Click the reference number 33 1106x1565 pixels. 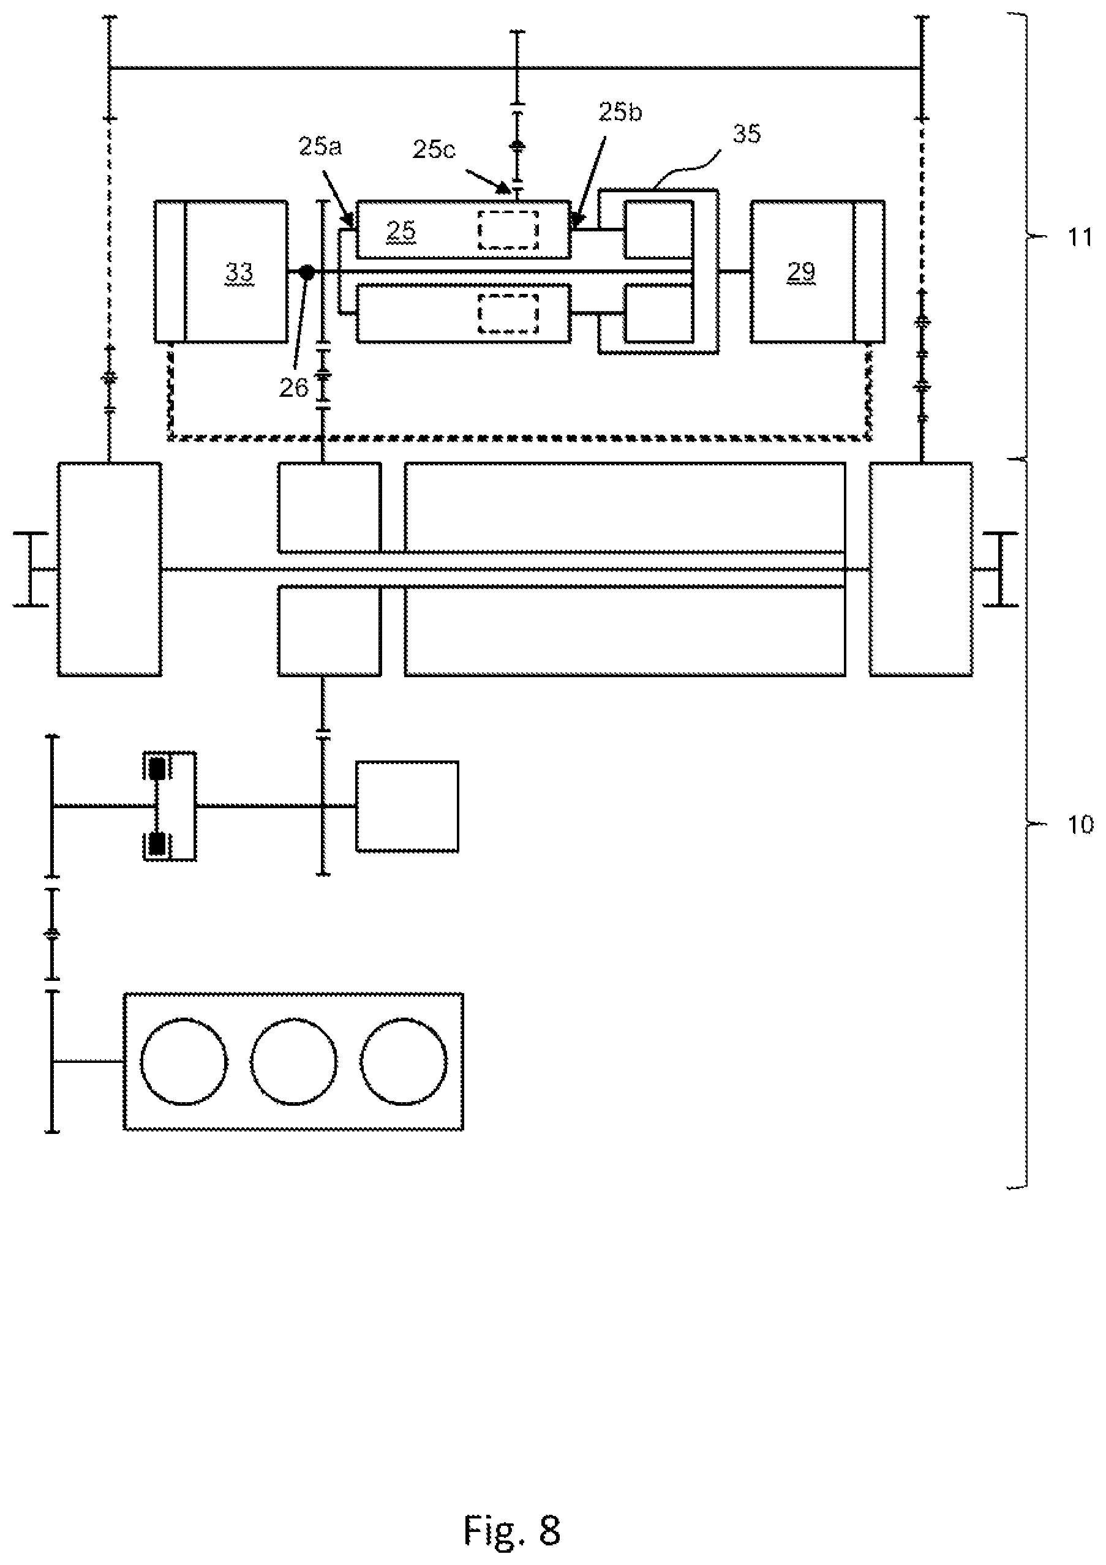(x=239, y=272)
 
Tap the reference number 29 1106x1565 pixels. (x=801, y=272)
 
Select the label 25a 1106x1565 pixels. (x=320, y=146)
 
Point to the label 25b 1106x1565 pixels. (x=620, y=113)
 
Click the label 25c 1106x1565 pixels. (x=434, y=149)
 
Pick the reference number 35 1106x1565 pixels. (x=746, y=133)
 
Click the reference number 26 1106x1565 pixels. (x=294, y=388)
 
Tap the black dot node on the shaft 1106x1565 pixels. (x=307, y=272)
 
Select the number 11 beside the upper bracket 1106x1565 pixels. (x=1080, y=238)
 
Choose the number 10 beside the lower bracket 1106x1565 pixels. (x=1080, y=824)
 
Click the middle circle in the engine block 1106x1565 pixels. (x=294, y=1061)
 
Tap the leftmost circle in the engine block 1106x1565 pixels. (x=184, y=1061)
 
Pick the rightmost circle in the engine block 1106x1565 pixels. (x=404, y=1061)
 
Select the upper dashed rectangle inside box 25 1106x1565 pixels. (x=508, y=230)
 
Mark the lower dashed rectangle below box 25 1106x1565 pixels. (x=508, y=313)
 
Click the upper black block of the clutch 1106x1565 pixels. (x=157, y=768)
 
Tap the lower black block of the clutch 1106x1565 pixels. (x=157, y=844)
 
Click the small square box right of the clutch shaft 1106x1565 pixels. (x=407, y=806)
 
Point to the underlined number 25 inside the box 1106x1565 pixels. (x=401, y=231)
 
